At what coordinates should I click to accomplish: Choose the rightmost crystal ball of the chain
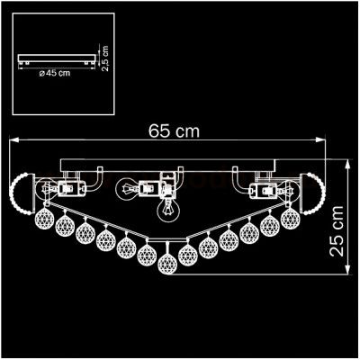pyautogui.click(x=289, y=219)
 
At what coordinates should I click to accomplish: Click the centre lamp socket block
pyautogui.click(x=166, y=188)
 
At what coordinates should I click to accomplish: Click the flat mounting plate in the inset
pyautogui.click(x=56, y=60)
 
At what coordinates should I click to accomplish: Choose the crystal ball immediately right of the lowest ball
pyautogui.click(x=189, y=252)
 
